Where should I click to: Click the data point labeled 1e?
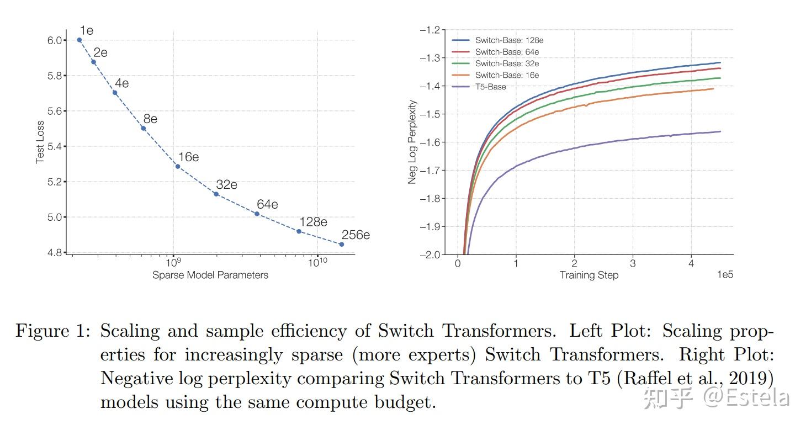(x=79, y=40)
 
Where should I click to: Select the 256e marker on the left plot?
(x=341, y=244)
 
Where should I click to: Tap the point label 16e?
(x=188, y=157)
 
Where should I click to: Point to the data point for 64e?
(x=257, y=214)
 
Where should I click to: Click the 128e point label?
(x=312, y=222)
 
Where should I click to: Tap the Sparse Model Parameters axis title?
(x=210, y=275)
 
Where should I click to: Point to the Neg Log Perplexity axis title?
(x=412, y=142)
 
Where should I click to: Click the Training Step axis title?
(x=589, y=275)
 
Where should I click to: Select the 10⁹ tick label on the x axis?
(x=173, y=263)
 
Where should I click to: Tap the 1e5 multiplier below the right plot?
(x=724, y=275)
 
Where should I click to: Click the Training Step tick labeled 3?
(x=633, y=263)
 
